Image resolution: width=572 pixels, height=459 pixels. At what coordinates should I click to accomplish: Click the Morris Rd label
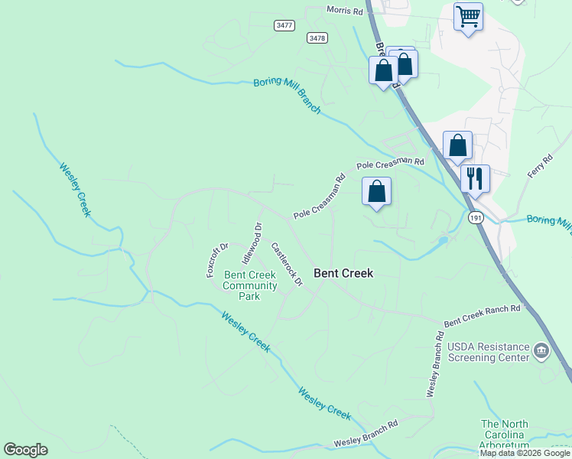coord(345,10)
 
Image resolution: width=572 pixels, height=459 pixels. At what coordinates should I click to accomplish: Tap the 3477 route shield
coord(284,25)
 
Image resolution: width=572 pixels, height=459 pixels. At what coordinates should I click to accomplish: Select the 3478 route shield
coord(317,37)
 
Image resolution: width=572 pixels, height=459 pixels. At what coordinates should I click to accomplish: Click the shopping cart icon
coord(467,15)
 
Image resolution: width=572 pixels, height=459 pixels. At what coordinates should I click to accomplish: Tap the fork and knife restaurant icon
coord(475,179)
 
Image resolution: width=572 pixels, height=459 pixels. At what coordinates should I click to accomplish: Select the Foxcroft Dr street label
coord(218,261)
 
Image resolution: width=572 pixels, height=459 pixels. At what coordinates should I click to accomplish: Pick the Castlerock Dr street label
coord(287,265)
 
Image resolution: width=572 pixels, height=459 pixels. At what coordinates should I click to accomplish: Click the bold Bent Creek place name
coord(344,273)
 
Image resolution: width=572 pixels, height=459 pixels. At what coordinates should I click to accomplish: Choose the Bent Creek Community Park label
coord(250,285)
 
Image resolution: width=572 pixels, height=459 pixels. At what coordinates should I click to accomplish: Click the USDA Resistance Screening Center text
coord(488,352)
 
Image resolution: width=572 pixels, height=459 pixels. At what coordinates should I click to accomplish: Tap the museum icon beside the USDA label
coord(541,351)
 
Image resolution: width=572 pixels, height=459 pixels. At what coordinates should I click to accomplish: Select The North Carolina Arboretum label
coord(505,434)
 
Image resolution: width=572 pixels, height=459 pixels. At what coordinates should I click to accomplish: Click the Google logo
coord(26,449)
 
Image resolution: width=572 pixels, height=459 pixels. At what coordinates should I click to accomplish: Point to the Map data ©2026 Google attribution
coord(525,453)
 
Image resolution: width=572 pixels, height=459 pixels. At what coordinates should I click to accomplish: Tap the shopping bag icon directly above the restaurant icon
coord(457,145)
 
